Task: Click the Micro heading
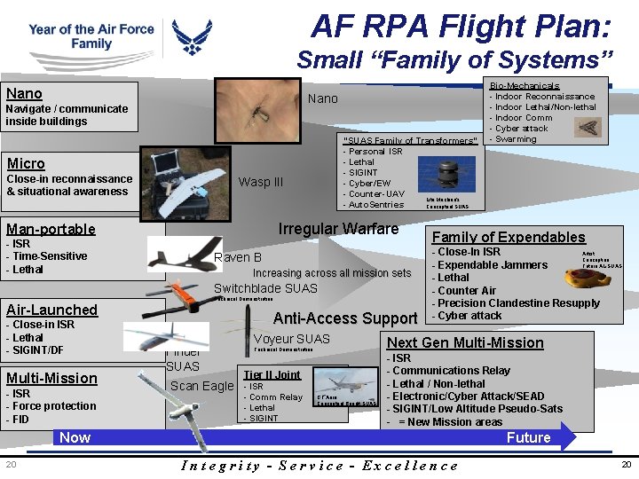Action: (26, 163)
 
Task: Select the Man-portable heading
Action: (51, 229)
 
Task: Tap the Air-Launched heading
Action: (51, 310)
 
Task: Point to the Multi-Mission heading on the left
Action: (51, 378)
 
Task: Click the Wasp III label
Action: (260, 182)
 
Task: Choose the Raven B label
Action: (238, 257)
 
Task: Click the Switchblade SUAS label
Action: (265, 287)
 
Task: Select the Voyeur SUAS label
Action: (291, 339)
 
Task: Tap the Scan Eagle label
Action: (201, 385)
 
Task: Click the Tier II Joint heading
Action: (272, 374)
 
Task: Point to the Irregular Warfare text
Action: (338, 229)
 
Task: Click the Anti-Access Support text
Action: (345, 318)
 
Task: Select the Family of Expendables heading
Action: (508, 237)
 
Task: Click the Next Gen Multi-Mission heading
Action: (465, 342)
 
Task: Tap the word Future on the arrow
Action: (528, 437)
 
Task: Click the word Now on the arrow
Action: (75, 437)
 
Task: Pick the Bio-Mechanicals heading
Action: (525, 86)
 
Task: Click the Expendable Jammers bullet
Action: (493, 264)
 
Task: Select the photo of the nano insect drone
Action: (257, 111)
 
